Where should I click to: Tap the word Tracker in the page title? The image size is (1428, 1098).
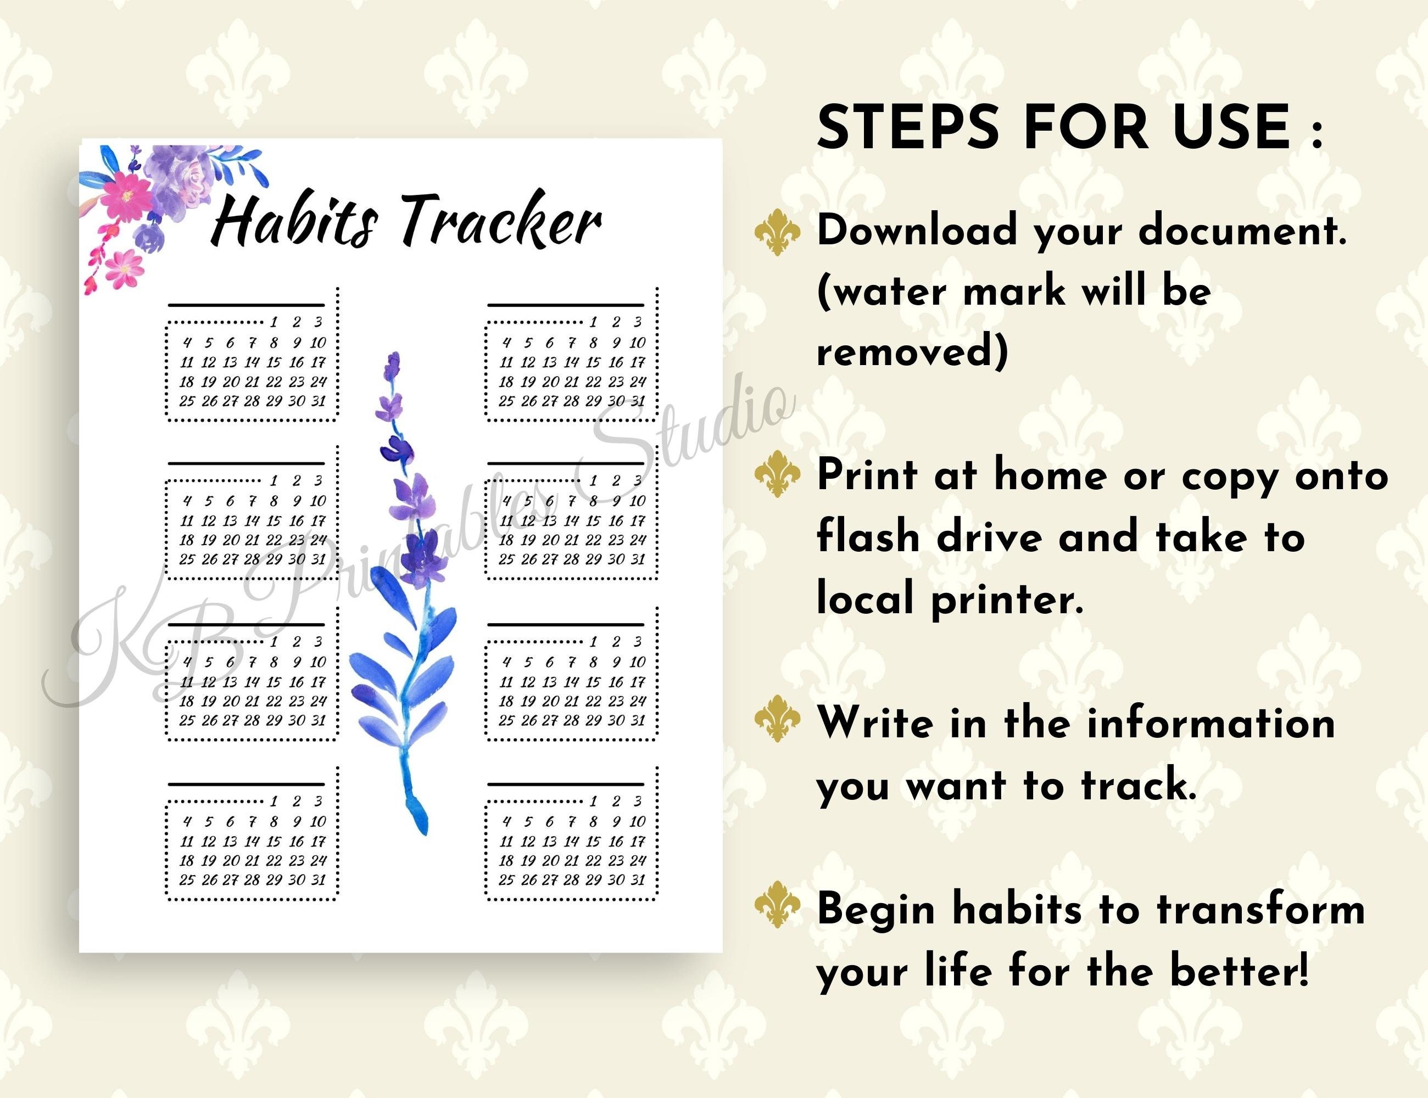coord(500,221)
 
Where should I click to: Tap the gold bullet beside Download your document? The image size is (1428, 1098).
coord(777,232)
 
